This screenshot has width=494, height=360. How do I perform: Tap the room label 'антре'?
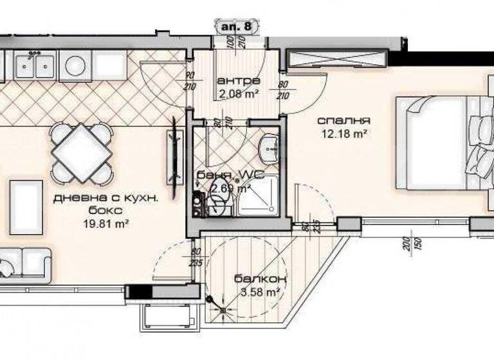coord(238,81)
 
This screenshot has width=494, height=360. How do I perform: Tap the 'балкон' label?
coord(260,279)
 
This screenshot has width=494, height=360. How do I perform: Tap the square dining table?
coord(80,152)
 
